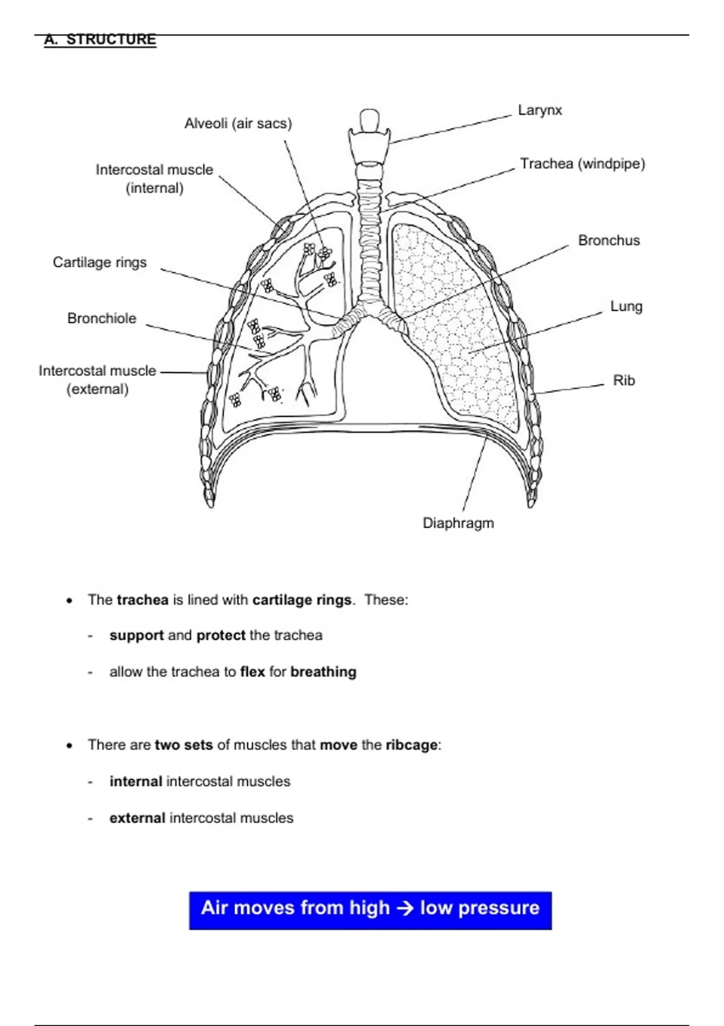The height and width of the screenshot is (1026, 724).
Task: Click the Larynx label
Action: (x=539, y=110)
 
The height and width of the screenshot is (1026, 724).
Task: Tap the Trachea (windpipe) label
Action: (x=582, y=164)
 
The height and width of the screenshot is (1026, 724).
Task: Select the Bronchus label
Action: (x=609, y=241)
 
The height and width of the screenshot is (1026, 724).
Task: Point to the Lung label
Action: (x=626, y=307)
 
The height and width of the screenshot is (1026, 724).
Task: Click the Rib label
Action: (x=624, y=381)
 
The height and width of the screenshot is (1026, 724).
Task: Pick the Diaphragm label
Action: (x=458, y=523)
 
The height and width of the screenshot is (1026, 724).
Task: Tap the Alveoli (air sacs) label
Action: (x=238, y=124)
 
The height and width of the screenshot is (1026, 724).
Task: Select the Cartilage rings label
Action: (x=100, y=263)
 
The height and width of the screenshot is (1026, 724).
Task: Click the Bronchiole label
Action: (x=101, y=319)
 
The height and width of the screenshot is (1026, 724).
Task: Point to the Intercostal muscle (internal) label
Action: (x=154, y=179)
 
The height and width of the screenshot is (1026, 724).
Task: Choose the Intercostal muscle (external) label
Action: (x=97, y=380)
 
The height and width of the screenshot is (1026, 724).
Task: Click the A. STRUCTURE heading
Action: (x=100, y=40)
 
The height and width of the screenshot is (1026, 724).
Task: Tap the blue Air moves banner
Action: (x=370, y=910)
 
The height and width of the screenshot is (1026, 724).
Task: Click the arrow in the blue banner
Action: (x=405, y=908)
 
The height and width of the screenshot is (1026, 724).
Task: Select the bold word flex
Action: (x=252, y=672)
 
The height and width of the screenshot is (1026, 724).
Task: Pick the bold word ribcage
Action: (x=411, y=745)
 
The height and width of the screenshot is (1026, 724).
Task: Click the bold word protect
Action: (x=221, y=636)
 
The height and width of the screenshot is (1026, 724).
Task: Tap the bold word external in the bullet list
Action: (x=137, y=818)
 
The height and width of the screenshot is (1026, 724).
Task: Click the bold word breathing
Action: (x=323, y=672)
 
